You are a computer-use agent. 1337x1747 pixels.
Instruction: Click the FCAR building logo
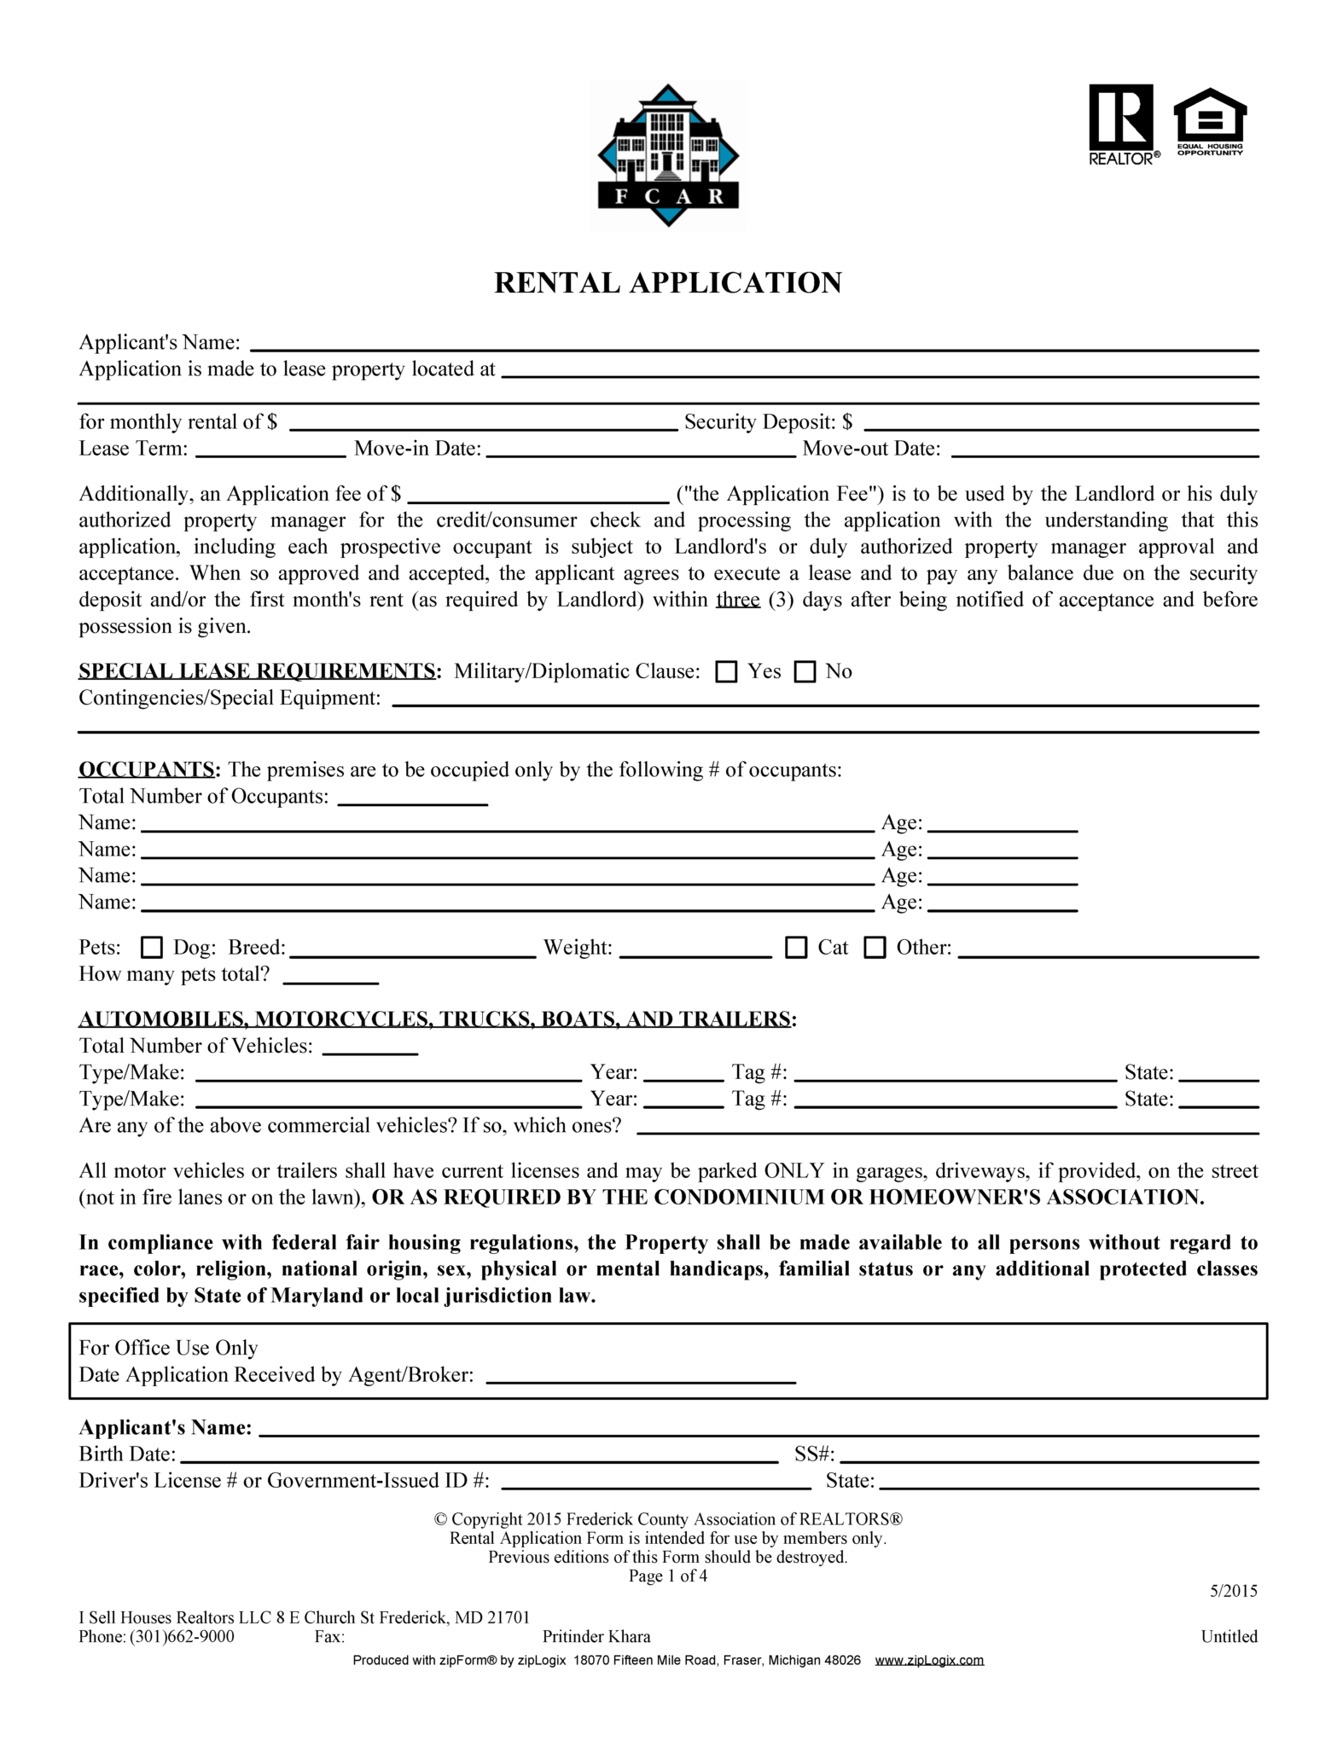point(667,155)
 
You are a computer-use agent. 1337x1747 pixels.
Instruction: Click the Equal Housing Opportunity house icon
point(1210,121)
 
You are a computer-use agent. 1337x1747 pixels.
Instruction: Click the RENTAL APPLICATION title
point(667,282)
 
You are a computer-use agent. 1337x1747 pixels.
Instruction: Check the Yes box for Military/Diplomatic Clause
point(726,672)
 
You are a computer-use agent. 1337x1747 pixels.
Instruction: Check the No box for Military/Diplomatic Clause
point(805,672)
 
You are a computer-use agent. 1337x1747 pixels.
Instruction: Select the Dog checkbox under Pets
point(152,948)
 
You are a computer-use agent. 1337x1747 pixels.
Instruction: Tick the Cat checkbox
point(796,948)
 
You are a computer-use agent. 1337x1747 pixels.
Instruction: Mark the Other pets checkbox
point(875,948)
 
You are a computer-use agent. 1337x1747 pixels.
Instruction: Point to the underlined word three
point(738,600)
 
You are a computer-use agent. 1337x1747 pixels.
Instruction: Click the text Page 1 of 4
point(667,1576)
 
